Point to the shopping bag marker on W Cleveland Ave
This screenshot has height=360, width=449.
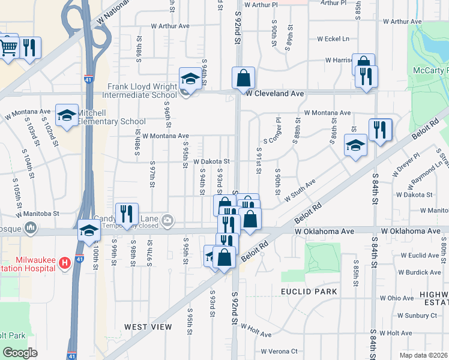[x=243, y=78]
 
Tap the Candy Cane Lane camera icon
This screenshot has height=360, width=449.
[x=167, y=220]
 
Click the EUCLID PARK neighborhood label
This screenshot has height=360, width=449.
[x=309, y=292]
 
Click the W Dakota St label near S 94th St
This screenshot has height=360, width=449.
[x=211, y=161]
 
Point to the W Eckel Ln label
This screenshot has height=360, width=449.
[x=328, y=39]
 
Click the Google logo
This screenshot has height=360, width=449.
[x=20, y=352]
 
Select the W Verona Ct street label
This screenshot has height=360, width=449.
[x=280, y=352]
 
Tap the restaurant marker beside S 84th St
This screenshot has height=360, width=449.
[x=380, y=130]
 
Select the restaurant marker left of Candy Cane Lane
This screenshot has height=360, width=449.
[x=127, y=215]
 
